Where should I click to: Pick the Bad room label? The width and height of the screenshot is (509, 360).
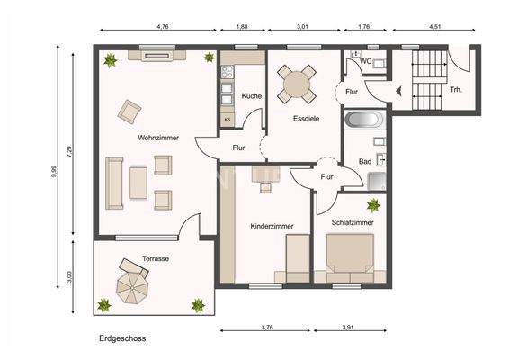364,161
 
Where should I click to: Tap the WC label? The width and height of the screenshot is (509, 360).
367,62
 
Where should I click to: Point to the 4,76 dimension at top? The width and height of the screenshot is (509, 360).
162,27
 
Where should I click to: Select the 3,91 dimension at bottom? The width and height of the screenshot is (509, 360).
346,327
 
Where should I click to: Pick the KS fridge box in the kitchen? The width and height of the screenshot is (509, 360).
228,118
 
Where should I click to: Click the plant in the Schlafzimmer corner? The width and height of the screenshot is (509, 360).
373,206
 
